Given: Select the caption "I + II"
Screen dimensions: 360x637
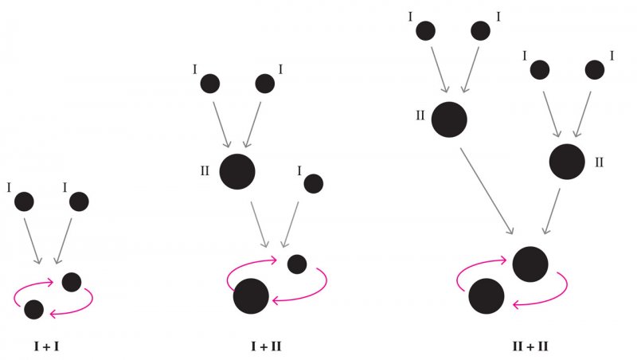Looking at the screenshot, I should tap(265, 346).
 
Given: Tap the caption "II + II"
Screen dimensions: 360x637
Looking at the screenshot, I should tap(530, 346).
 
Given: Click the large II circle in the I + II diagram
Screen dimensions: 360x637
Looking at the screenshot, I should tap(236, 171).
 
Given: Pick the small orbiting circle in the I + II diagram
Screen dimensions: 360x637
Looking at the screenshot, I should tap(298, 264).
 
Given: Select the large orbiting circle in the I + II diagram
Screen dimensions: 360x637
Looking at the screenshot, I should tap(251, 296).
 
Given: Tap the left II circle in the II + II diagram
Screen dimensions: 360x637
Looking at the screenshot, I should tap(449, 119).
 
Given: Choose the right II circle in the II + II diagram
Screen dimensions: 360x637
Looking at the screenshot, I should tap(567, 161).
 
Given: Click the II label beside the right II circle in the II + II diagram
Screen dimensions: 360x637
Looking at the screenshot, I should tap(600, 162).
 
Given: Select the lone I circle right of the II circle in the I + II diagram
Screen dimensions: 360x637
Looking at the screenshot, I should tap(313, 184).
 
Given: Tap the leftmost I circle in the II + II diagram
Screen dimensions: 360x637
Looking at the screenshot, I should tap(426, 31).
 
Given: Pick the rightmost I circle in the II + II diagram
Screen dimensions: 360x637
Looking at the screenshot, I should tap(595, 70).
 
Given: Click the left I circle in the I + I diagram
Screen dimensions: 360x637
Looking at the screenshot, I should tap(24, 202).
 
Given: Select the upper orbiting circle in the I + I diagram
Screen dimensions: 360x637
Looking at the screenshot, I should tap(71, 281).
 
